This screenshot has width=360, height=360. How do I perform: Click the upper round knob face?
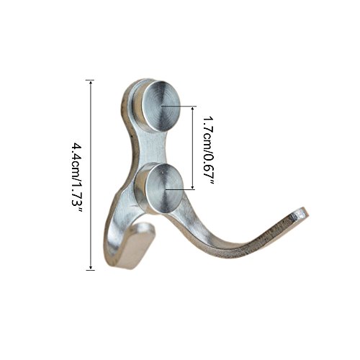coord(161,106)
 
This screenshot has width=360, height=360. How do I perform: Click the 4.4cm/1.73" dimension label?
coord(78,178)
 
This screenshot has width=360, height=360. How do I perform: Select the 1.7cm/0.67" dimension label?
coord(208,150)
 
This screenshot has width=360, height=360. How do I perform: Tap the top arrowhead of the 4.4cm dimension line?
coord(90,83)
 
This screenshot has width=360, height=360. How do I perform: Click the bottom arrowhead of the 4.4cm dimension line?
coord(90,267)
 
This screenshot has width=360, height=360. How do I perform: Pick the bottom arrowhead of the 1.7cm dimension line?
coord(192,187)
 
